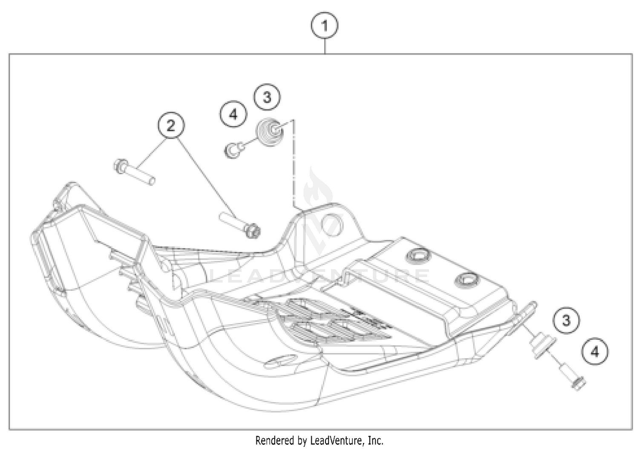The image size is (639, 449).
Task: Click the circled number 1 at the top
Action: [x=325, y=26]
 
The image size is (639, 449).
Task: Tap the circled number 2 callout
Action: [x=171, y=126]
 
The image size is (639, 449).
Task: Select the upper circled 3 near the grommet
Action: [x=267, y=97]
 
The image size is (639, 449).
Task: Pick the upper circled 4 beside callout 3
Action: [x=233, y=114]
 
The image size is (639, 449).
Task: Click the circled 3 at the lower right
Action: [x=566, y=320]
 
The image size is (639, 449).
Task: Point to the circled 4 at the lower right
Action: [x=595, y=352]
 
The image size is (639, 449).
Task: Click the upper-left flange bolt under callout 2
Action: [x=133, y=172]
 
